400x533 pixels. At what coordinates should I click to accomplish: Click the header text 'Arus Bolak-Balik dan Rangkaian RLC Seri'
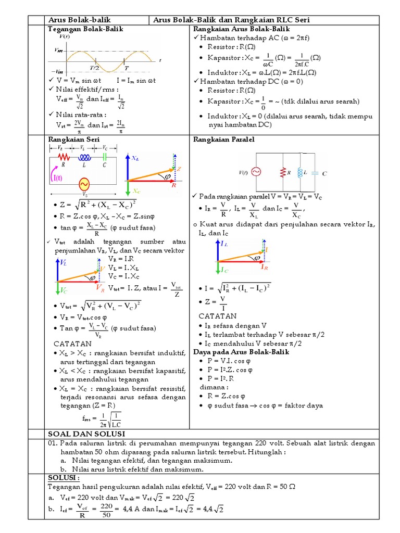point(231,20)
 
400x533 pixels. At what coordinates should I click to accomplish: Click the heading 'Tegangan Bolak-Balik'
point(85,30)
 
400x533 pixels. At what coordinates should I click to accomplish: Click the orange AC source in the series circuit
point(83,184)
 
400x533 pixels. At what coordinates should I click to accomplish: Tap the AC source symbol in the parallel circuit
point(256,172)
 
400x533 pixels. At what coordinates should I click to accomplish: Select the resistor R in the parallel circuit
point(283,172)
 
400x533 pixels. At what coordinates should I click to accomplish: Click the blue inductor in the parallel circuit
point(300,172)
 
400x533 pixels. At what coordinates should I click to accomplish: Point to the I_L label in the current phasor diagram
point(223,244)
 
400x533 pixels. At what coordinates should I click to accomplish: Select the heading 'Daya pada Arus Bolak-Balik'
point(241,352)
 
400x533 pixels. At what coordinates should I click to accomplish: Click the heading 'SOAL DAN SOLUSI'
point(86,434)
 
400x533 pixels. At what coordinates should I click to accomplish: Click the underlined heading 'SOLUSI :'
point(63,478)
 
